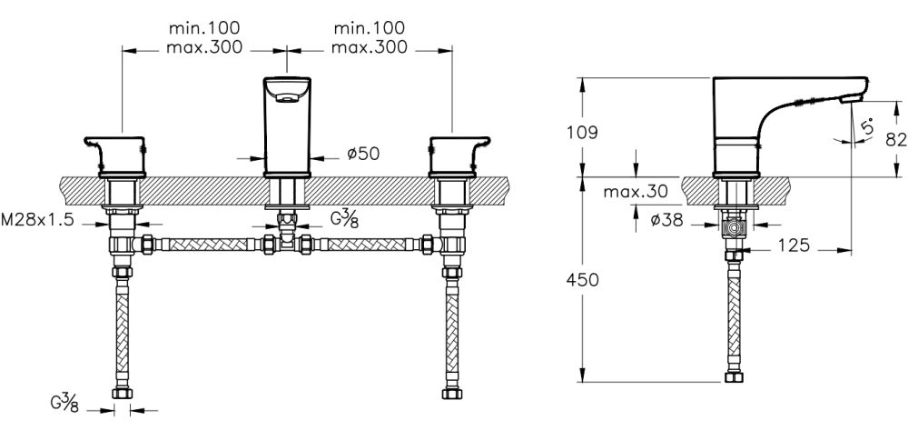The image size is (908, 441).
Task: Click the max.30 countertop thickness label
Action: coord(636,191)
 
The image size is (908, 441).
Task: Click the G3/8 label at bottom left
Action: coord(64,401)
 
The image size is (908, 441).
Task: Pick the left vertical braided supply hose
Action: coord(121,328)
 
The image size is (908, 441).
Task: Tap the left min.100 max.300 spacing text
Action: coord(205,38)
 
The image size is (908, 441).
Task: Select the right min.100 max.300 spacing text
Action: coord(369,38)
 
